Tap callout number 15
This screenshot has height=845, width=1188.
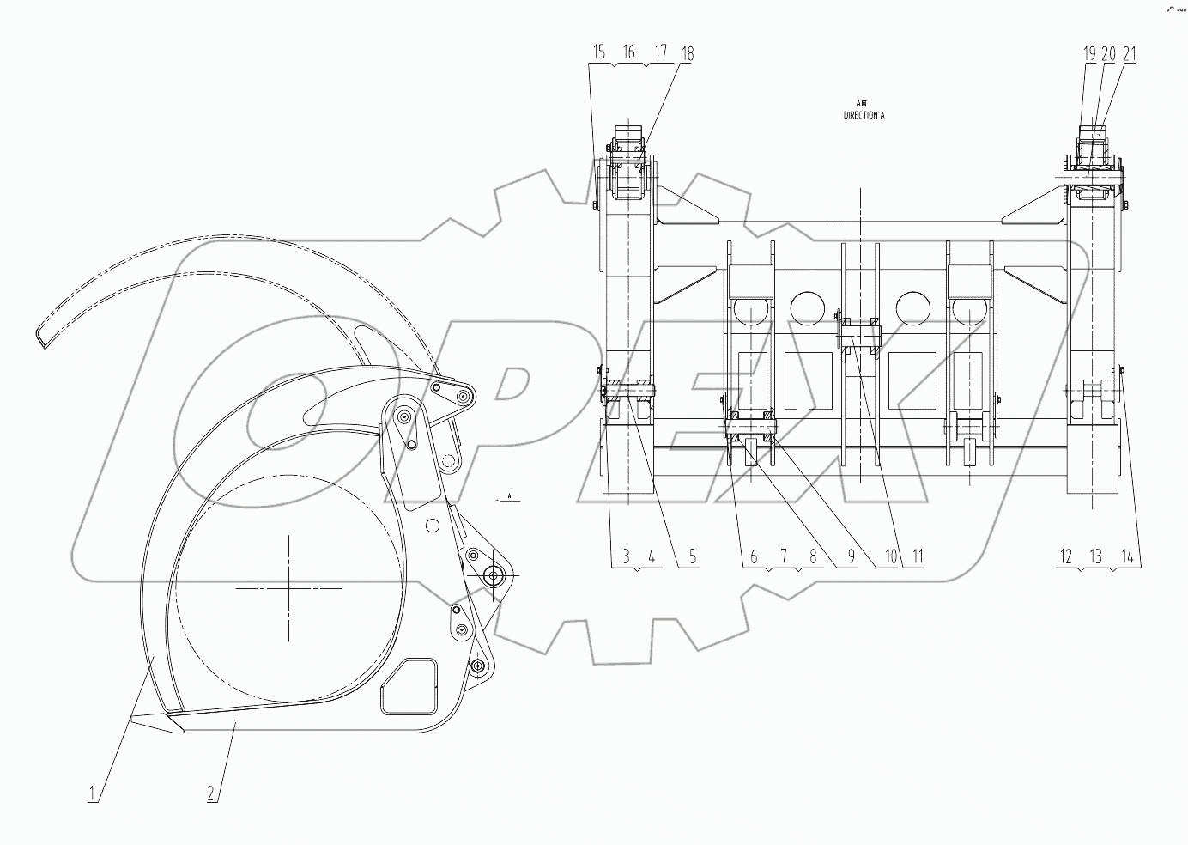click(598, 53)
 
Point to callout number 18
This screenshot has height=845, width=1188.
click(687, 53)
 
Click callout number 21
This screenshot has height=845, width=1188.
click(1129, 53)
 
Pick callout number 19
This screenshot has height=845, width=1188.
click(1088, 53)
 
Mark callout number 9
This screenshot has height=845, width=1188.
click(852, 557)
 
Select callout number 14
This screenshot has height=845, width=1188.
click(1127, 557)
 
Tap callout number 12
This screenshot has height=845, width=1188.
click(1065, 557)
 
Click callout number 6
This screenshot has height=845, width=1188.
click(754, 557)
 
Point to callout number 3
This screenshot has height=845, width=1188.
click(626, 557)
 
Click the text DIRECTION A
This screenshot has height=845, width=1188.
click(864, 114)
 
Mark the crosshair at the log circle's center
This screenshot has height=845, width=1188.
click(289, 588)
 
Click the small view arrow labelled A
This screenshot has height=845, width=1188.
click(509, 497)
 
